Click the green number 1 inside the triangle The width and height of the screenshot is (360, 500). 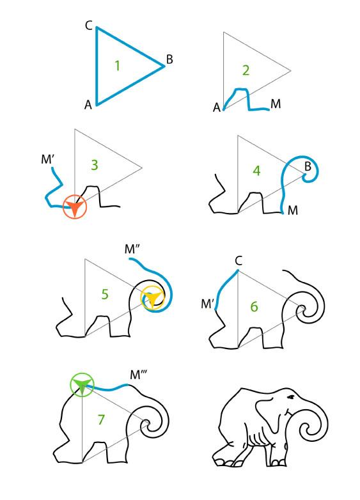point(118,66)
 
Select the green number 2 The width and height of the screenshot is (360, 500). point(246,70)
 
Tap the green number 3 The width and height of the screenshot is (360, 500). point(95,165)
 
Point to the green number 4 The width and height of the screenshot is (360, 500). point(256,171)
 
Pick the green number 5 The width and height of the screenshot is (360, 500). point(105,294)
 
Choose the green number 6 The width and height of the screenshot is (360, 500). point(254,306)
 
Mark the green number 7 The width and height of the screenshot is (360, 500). point(101,419)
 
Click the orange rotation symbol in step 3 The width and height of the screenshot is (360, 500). point(75,207)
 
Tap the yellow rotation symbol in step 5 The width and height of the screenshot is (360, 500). point(153,298)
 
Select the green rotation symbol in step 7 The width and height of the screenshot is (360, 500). point(82,384)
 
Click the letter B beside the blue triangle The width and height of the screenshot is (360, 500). point(169,59)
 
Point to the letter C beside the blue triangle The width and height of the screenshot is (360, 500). point(89,26)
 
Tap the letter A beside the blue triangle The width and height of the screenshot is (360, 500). point(88,105)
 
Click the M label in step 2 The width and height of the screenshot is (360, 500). point(276,104)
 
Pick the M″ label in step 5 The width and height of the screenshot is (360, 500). point(132,249)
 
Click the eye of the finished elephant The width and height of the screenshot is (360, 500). point(291,397)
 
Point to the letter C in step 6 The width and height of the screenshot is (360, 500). point(239,261)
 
